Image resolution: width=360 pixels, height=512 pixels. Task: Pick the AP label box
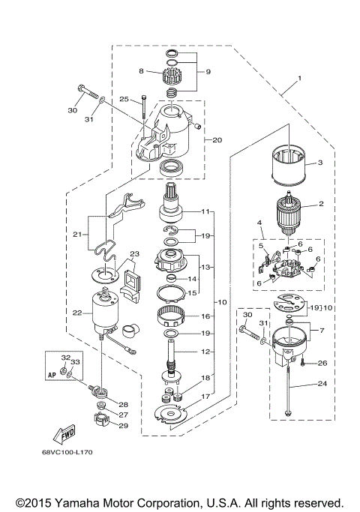(52, 371)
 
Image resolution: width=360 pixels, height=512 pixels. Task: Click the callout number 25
(124, 98)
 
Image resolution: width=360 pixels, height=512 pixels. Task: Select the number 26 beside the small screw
(323, 364)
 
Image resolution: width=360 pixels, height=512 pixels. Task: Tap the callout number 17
(204, 395)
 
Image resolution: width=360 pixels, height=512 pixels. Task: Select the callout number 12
(204, 352)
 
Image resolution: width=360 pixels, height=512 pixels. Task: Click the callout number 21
(75, 235)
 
